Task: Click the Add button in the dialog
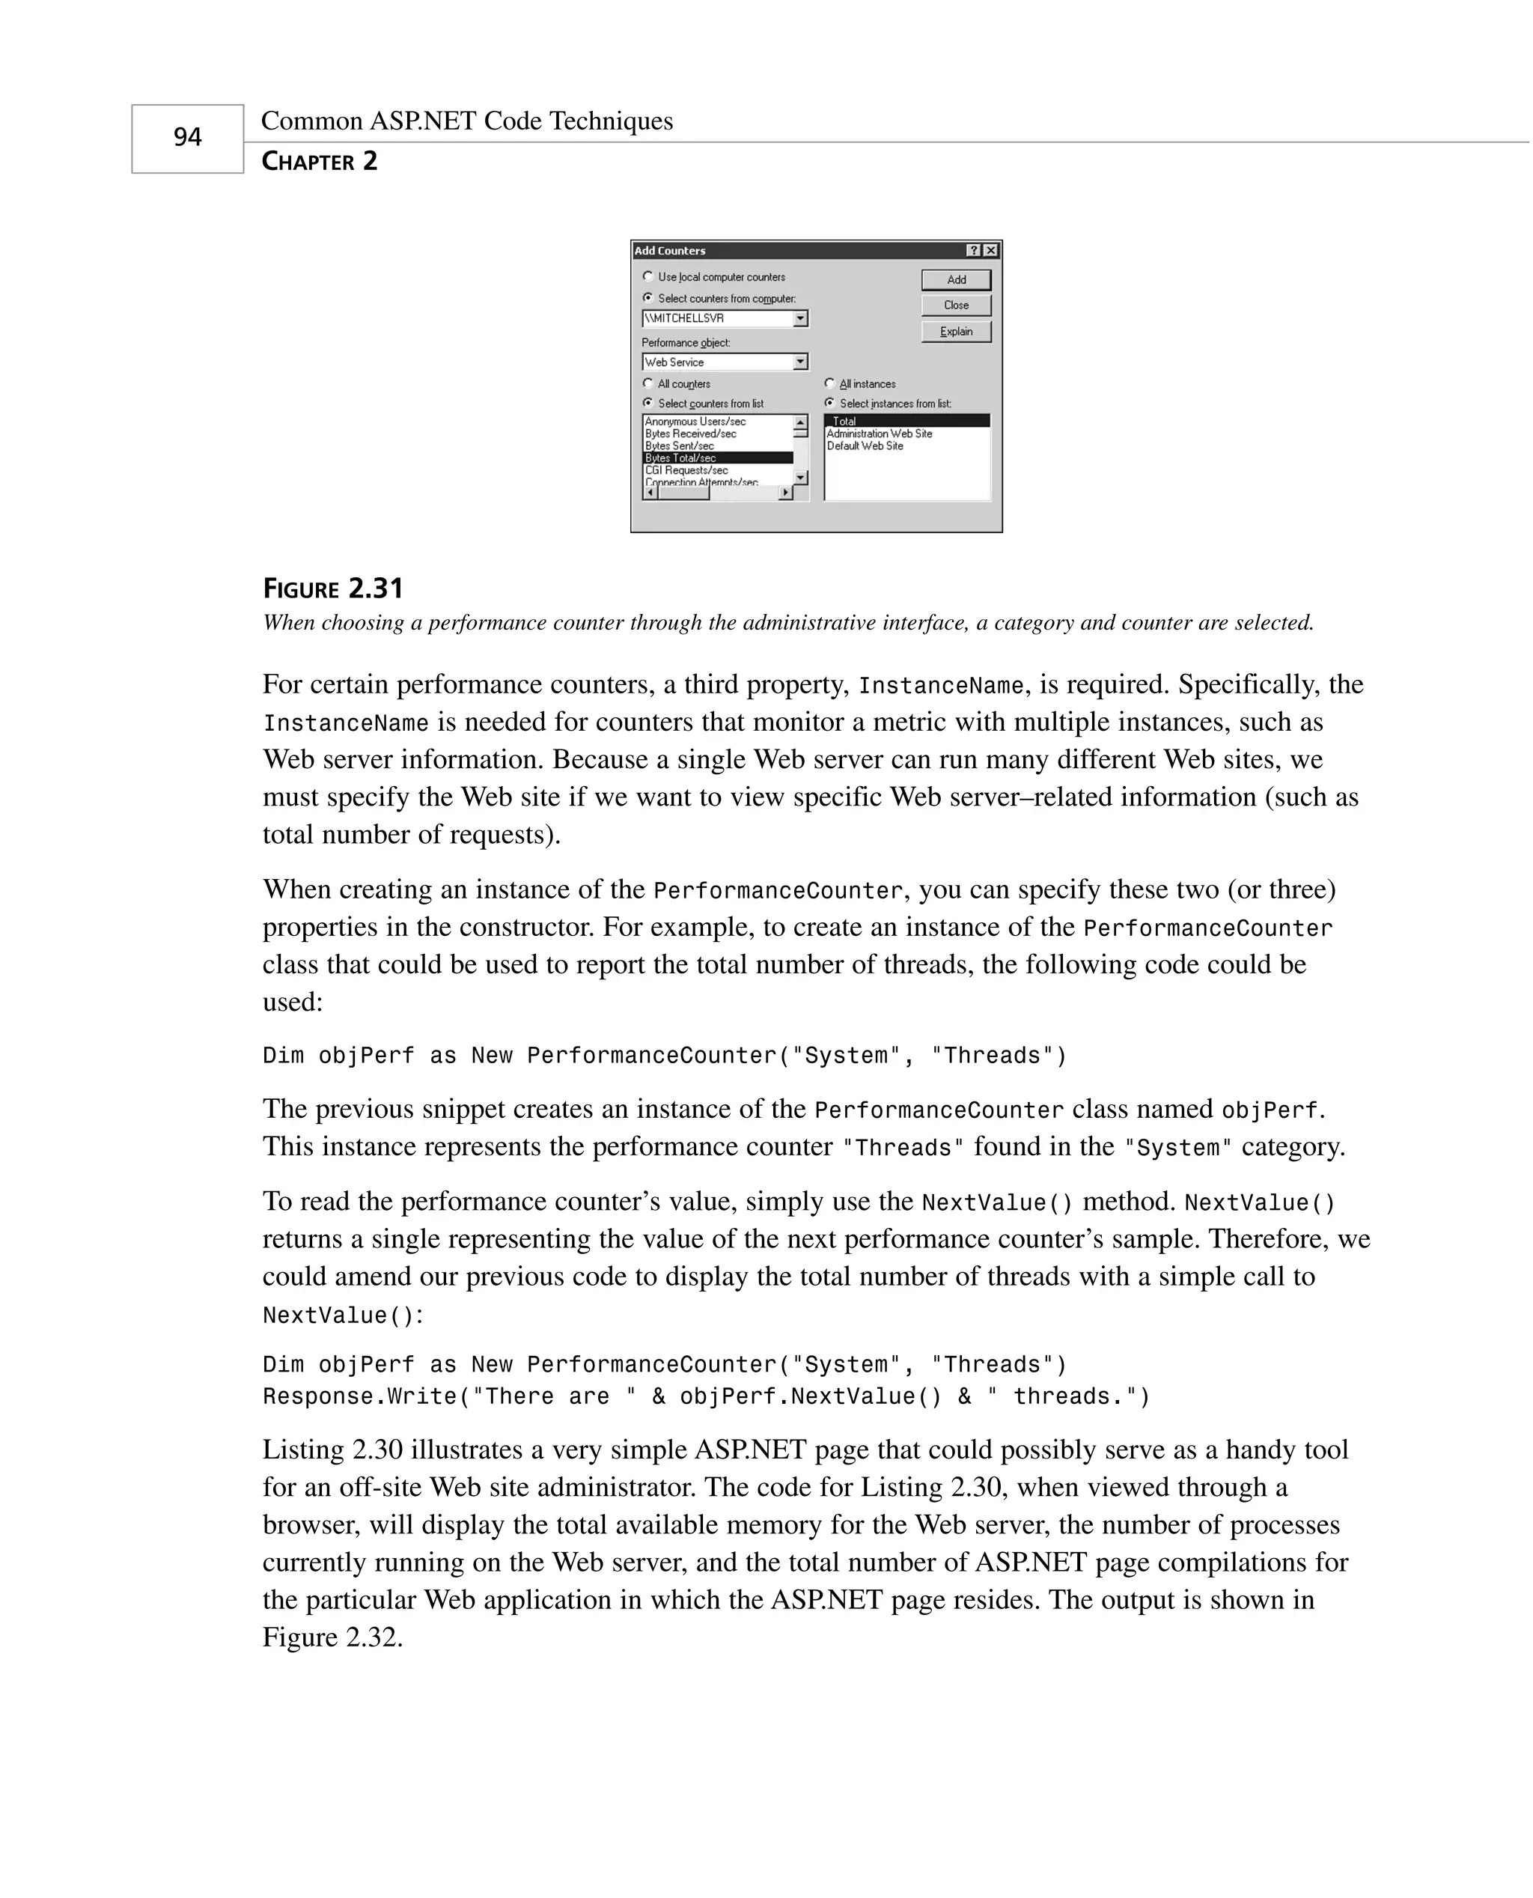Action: coord(957,280)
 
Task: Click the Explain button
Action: coord(957,331)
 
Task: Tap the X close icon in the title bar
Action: coord(992,251)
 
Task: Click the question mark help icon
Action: coord(973,251)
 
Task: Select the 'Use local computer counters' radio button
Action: coord(648,276)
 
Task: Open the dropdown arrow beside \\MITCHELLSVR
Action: coord(800,318)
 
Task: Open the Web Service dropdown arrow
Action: coord(800,362)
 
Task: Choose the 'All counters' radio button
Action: coord(648,383)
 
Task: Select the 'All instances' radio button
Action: coord(829,383)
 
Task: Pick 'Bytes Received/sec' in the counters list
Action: coord(691,434)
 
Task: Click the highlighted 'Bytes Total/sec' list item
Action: coord(681,458)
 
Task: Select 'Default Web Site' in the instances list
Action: coord(865,446)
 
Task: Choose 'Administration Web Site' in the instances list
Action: coord(879,434)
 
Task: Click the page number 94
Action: coord(187,138)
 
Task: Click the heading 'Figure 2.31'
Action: coord(333,588)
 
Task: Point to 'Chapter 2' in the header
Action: coord(320,162)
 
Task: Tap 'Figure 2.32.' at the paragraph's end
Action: coord(332,1637)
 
